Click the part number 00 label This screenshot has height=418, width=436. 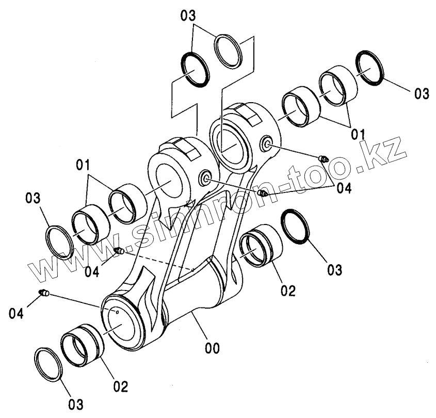point(212,349)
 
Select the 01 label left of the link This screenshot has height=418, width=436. point(83,166)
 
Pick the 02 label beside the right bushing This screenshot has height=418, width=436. point(287,291)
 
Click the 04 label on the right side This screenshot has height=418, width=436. point(343,188)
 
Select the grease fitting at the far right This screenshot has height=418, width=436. point(324,158)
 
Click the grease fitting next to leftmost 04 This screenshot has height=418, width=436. point(44,294)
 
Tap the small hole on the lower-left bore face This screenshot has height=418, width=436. point(118,311)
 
